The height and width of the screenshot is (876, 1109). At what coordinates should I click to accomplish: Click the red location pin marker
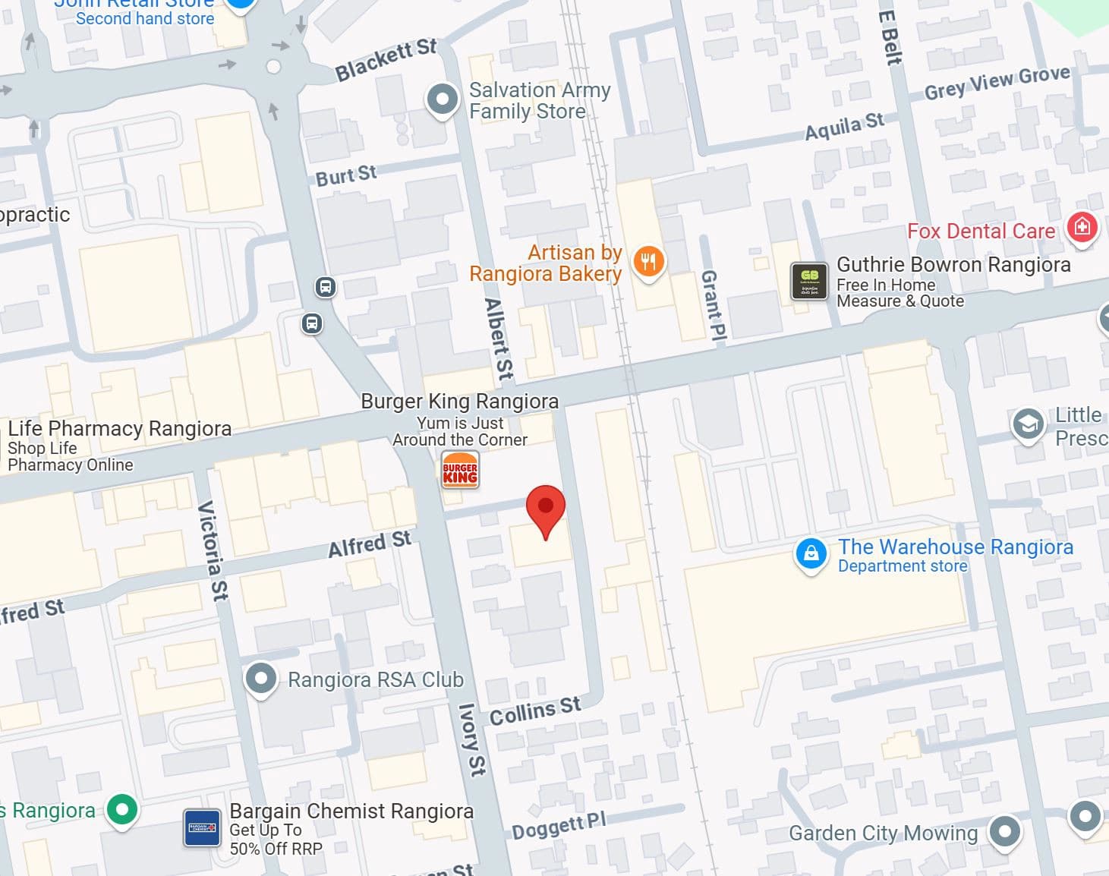tap(545, 507)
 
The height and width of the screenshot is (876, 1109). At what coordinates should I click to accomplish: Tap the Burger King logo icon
tap(460, 471)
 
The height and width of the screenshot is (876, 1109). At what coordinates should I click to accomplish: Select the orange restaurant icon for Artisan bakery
tap(647, 262)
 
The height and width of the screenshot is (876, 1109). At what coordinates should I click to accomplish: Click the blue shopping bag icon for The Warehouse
tap(811, 553)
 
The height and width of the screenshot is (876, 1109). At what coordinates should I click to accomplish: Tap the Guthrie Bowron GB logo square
tap(809, 281)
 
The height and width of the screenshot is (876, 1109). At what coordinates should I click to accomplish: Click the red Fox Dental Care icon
tap(1082, 227)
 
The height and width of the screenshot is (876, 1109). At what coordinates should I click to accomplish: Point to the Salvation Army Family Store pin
tap(442, 99)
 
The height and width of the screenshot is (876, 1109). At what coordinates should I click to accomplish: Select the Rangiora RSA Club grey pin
tap(261, 678)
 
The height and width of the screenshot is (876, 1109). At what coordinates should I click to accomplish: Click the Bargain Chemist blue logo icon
tap(203, 827)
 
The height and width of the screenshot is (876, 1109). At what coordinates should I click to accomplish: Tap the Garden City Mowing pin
tap(1005, 830)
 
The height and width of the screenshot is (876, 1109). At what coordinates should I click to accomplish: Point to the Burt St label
tap(346, 176)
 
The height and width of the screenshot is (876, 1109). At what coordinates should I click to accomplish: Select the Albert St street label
tap(498, 339)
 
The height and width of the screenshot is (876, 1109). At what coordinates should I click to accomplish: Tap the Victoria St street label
tap(213, 550)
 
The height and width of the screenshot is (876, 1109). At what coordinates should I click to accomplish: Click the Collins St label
tap(534, 711)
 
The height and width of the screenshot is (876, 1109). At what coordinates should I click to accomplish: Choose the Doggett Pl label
tap(558, 826)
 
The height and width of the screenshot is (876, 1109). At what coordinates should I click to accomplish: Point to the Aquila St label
tap(844, 127)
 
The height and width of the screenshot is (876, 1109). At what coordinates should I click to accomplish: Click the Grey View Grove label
tap(997, 83)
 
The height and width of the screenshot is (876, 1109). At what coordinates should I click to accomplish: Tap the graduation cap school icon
tap(1028, 424)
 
